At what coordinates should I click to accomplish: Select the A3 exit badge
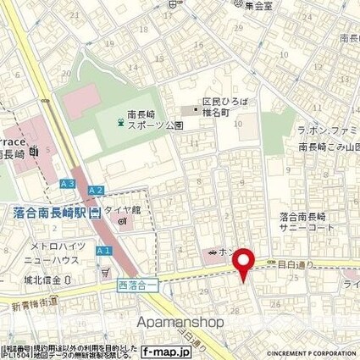(68, 183)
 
